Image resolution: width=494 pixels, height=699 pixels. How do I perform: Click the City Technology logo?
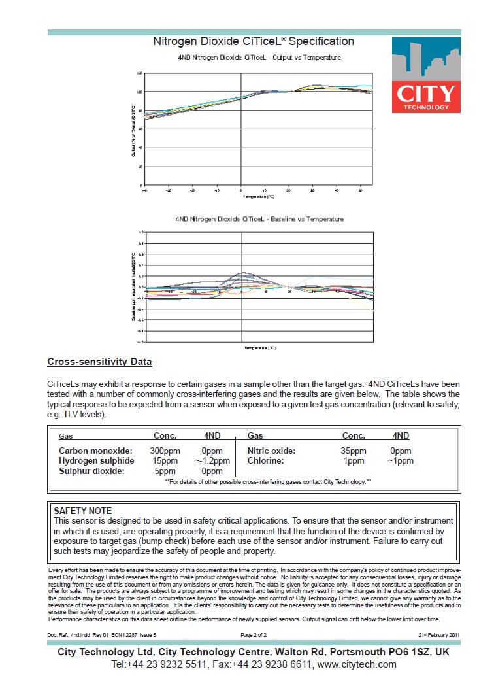(426, 75)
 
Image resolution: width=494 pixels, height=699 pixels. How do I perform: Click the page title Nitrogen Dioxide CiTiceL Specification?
(254, 42)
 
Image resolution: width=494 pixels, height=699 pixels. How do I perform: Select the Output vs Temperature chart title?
(259, 58)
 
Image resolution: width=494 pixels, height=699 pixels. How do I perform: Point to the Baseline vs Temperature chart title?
(259, 219)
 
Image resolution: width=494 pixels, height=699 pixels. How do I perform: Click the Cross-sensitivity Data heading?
(99, 362)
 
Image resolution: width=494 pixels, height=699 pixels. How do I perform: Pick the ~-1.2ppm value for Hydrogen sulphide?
(212, 461)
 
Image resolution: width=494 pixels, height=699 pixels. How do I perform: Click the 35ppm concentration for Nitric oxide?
(354, 451)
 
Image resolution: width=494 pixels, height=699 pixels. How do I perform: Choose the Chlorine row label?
(265, 461)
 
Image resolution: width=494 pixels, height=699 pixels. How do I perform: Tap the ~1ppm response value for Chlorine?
(401, 461)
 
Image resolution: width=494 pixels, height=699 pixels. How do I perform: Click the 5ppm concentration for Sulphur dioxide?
(165, 471)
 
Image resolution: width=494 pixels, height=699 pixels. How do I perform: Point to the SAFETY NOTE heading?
(82, 511)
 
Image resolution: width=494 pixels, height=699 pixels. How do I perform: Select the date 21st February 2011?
(439, 635)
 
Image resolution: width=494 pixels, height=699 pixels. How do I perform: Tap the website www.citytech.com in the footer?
(357, 664)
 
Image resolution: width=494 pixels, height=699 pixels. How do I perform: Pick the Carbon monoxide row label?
(95, 451)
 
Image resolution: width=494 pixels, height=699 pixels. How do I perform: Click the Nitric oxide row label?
(271, 451)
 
